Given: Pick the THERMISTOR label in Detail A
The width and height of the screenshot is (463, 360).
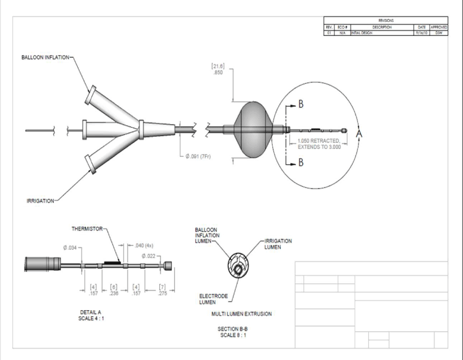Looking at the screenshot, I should [88, 229].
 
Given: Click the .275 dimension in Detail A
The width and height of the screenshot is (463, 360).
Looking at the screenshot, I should [162, 293].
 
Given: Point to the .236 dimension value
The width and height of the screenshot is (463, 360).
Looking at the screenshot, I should [114, 293].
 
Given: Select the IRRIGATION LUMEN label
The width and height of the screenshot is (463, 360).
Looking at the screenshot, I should [278, 243].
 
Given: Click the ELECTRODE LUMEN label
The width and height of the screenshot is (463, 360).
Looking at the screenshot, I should [213, 299].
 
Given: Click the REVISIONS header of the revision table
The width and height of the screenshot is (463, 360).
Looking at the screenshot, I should [386, 20].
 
